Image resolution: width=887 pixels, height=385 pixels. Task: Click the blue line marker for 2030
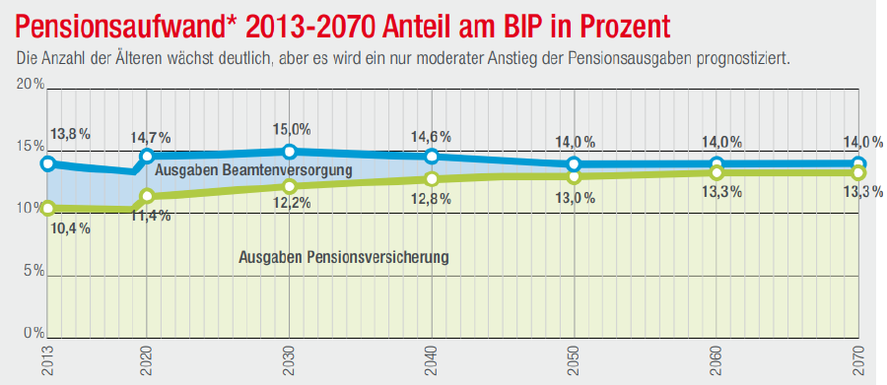[x=290, y=152]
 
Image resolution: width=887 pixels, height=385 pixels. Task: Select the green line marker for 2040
[x=432, y=178]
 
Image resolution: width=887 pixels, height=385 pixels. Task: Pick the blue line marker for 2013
[x=47, y=163]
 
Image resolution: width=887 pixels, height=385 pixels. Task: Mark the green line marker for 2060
[x=716, y=172]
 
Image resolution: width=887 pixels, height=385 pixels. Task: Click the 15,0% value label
[x=291, y=129]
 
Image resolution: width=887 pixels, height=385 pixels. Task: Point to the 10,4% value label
[x=69, y=227]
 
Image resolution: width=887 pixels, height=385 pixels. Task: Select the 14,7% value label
[x=151, y=137]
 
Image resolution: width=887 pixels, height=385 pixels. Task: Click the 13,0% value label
[x=576, y=198]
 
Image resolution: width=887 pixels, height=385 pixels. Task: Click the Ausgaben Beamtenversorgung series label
[x=254, y=170]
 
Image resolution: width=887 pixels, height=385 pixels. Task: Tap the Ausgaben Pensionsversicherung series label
[x=344, y=257]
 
